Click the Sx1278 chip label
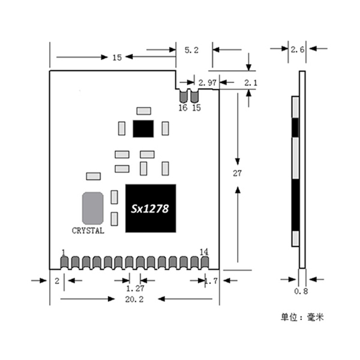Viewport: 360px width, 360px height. (x=150, y=209)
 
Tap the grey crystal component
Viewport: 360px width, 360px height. (x=93, y=208)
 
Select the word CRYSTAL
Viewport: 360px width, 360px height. (x=88, y=230)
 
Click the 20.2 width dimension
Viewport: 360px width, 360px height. (x=134, y=299)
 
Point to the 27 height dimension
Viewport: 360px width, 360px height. (x=237, y=173)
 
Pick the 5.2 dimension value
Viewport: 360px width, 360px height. (x=192, y=50)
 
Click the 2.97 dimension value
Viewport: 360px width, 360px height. (x=207, y=83)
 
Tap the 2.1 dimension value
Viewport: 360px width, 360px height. (x=251, y=83)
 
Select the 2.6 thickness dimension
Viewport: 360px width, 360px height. (x=297, y=49)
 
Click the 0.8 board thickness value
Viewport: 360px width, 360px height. (x=301, y=291)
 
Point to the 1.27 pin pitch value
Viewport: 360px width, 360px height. (x=135, y=288)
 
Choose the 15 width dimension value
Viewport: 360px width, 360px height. (x=117, y=57)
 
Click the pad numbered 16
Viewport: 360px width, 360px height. (x=183, y=96)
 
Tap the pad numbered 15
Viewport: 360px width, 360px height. (x=194, y=96)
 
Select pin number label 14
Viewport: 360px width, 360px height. (x=204, y=252)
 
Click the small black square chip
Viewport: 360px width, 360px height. (x=143, y=129)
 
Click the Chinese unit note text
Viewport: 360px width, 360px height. (x=302, y=317)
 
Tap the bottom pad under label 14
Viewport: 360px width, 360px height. (x=205, y=263)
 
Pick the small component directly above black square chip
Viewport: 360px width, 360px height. (x=144, y=111)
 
